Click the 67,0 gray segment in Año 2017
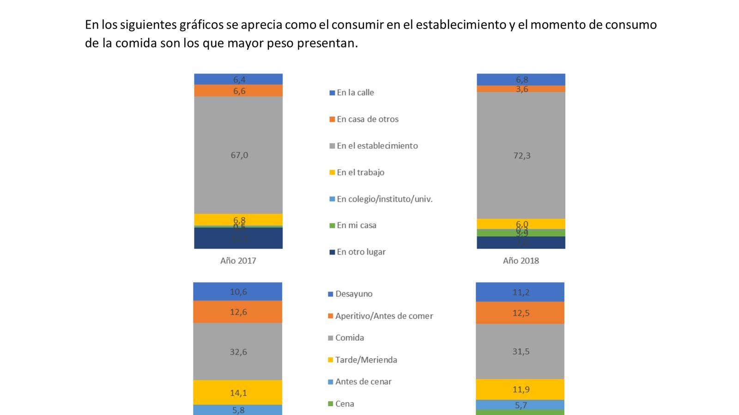[238, 155]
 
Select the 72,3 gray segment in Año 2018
[521, 155]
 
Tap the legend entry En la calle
[355, 93]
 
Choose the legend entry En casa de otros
[367, 119]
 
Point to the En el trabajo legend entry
[360, 172]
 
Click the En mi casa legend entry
[356, 225]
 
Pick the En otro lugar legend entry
[361, 252]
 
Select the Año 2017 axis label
[238, 261]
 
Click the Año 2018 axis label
[521, 261]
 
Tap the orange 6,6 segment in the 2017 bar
[238, 91]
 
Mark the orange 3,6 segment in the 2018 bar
[521, 89]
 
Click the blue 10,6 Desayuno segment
[238, 292]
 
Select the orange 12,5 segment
[521, 313]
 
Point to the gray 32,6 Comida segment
[238, 352]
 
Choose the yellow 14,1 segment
[238, 393]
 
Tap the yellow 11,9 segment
[521, 390]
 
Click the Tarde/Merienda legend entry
[366, 360]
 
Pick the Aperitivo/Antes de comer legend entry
[384, 316]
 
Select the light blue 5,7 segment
[521, 405]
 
